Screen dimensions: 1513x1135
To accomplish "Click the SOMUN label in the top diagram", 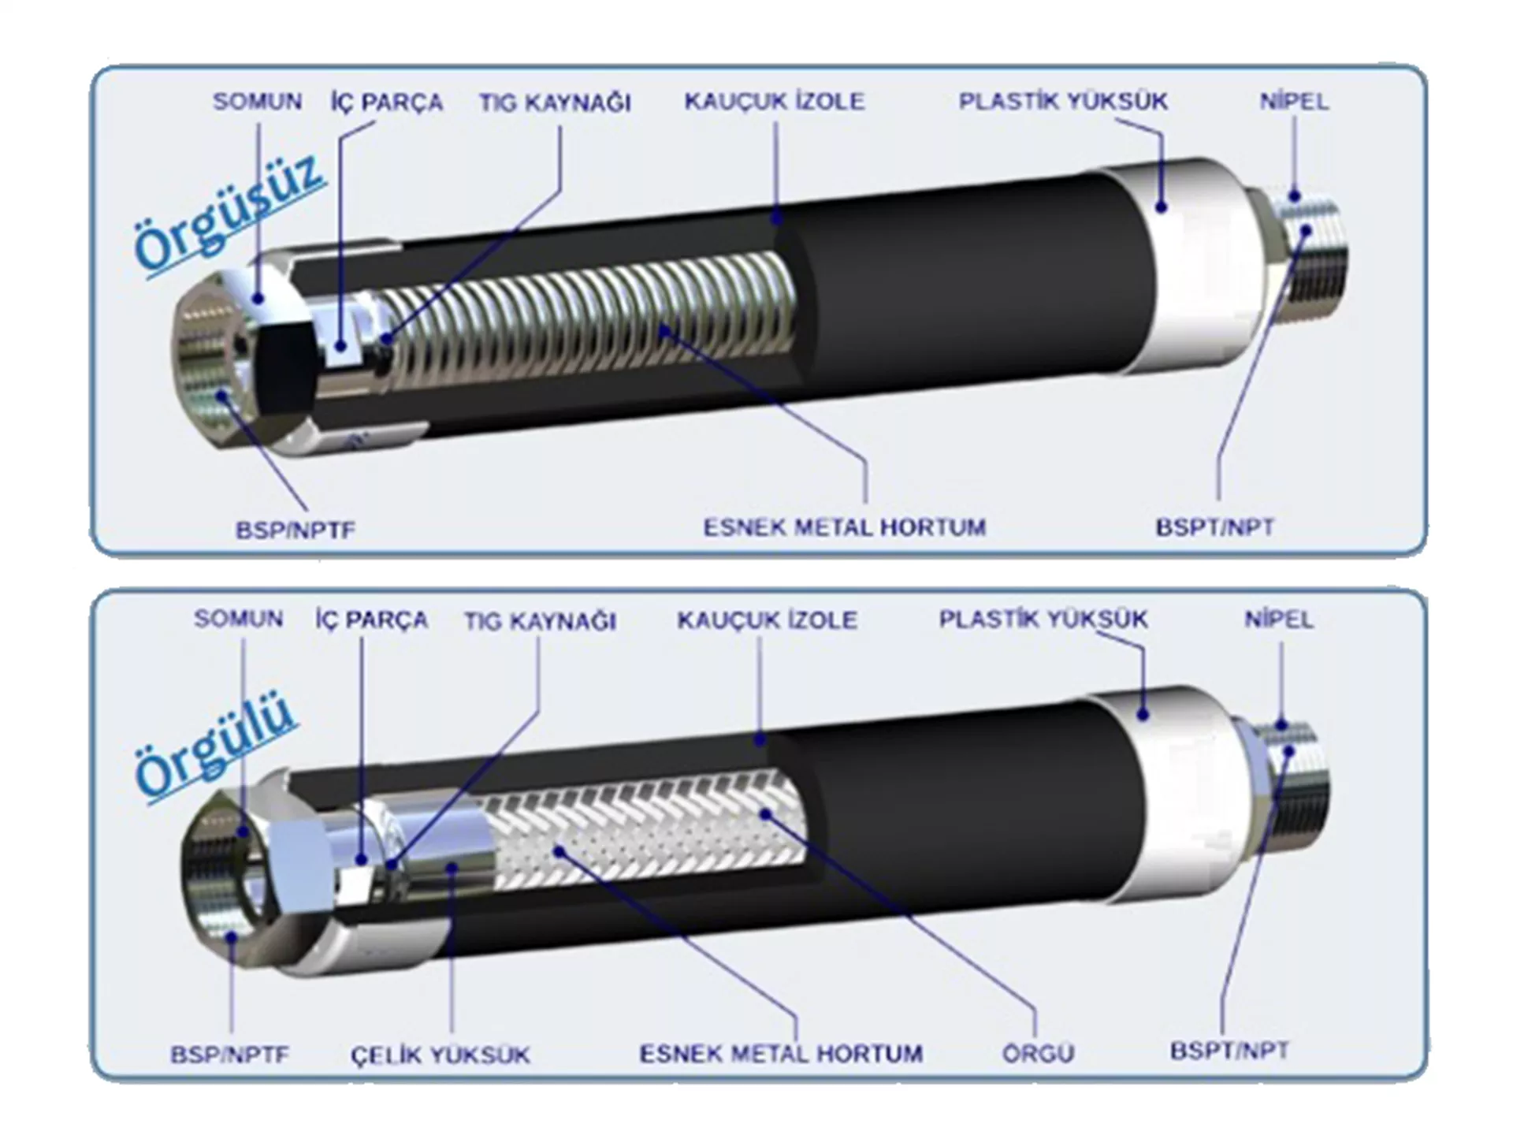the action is click(x=258, y=102).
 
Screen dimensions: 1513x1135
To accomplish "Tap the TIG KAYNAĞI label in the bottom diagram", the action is click(x=540, y=621).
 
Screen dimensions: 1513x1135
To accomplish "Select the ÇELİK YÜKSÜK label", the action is click(x=441, y=1055).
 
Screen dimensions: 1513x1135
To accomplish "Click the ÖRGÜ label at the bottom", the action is click(x=1039, y=1053).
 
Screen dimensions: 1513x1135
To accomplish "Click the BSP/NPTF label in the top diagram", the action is click(x=296, y=530).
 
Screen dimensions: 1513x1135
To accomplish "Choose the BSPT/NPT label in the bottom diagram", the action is click(x=1229, y=1051).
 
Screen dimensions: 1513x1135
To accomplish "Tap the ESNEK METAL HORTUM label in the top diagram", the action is click(x=845, y=527).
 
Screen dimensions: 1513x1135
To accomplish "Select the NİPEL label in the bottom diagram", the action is click(x=1279, y=620).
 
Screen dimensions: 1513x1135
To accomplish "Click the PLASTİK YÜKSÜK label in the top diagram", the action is click(x=1063, y=102).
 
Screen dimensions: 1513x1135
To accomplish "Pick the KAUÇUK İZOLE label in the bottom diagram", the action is click(x=767, y=620).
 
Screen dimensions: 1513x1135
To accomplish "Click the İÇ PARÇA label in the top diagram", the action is click(x=386, y=102).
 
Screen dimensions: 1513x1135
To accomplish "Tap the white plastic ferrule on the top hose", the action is click(x=1182, y=264).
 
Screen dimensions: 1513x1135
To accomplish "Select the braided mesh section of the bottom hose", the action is click(x=642, y=828).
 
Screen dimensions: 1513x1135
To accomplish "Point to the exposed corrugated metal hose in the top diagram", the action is click(x=587, y=319).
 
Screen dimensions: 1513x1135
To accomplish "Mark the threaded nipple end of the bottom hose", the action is click(x=1292, y=788).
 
